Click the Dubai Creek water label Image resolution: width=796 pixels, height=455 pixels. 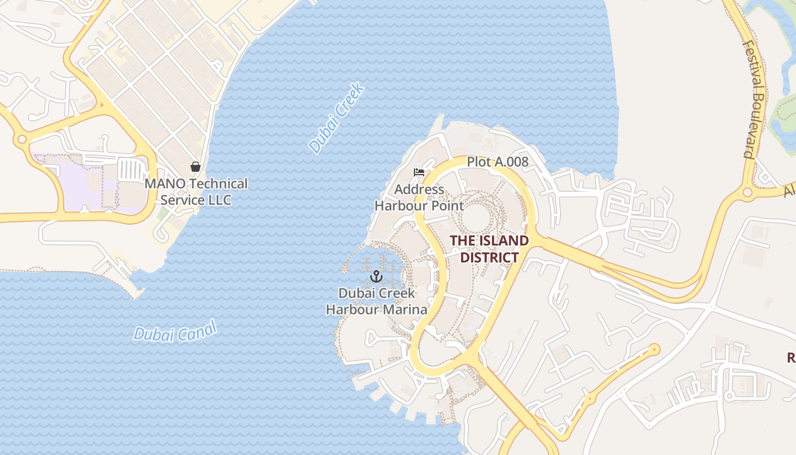pos(336,118)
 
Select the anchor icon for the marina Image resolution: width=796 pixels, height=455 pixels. pos(375,277)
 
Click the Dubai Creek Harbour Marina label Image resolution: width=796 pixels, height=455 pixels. pos(376,301)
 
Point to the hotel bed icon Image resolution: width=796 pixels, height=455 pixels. pos(419,172)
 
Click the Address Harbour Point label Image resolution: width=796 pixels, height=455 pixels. pos(419,197)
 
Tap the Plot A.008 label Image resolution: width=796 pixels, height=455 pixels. pos(498,162)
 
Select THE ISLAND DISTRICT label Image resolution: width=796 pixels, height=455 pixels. pos(489,249)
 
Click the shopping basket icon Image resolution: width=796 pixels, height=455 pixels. pos(196,167)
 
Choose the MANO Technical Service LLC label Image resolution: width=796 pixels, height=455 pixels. pos(196,192)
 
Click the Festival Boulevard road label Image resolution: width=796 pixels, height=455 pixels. pos(756,100)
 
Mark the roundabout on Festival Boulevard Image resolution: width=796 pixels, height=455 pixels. pos(747,192)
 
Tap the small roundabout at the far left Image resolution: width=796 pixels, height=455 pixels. pos(22,139)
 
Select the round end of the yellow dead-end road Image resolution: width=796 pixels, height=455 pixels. pos(655,349)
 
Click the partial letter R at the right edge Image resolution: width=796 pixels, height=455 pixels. pos(791,357)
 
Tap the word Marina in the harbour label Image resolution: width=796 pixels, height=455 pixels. pos(404,309)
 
